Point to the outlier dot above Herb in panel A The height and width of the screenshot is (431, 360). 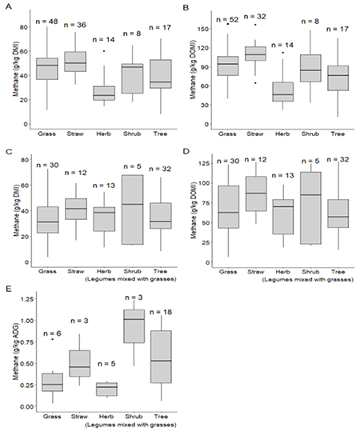pyautogui.click(x=102, y=51)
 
